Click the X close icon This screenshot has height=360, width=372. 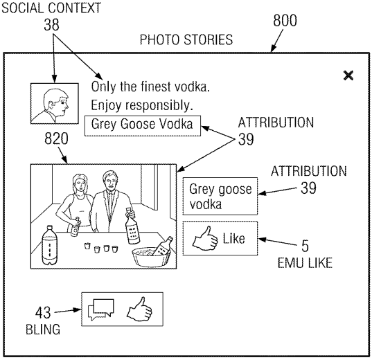348,75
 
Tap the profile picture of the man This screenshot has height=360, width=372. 55,103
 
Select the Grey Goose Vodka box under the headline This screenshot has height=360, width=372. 143,126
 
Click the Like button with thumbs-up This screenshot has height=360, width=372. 220,238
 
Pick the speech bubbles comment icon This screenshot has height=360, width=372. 101,309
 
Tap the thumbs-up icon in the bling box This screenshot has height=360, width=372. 139,309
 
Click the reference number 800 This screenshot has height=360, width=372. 285,20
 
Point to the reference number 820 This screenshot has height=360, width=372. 56,138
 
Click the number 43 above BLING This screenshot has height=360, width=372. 43,312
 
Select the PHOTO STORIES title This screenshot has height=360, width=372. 186,39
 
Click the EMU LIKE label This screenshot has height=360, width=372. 305,263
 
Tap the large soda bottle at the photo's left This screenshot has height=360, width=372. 49,245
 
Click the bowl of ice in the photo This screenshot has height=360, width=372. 151,257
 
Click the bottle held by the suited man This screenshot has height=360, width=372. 132,226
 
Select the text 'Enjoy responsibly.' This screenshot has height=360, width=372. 142,105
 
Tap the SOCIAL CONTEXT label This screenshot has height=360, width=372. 51,8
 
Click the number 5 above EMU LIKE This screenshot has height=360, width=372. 305,246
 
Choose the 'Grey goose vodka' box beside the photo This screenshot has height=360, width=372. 220,196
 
